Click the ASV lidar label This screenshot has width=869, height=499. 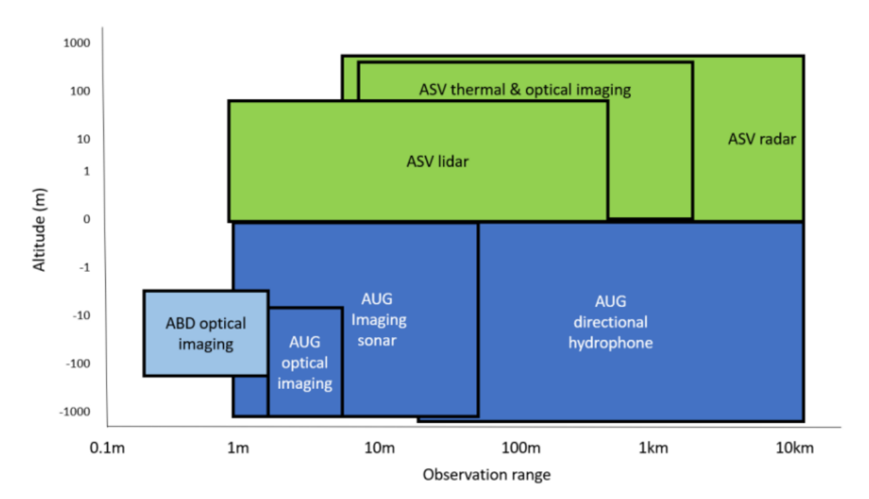pos(437,161)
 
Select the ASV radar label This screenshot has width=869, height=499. pos(762,140)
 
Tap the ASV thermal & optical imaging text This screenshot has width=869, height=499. pos(524,90)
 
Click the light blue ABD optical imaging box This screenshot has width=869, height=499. pos(206,334)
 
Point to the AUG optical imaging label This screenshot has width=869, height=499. pos(305,362)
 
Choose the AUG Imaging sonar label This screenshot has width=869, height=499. pos(379,320)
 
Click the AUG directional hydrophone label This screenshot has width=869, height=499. pos(610,322)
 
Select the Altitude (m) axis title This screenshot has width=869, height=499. pos(39,228)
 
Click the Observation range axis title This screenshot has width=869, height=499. pos(486,475)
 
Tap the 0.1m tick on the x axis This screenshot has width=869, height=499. pos(107,447)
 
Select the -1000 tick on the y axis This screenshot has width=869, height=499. pos(75,412)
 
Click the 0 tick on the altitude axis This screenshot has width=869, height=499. pos(86,219)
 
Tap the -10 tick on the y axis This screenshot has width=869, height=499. pos(80,315)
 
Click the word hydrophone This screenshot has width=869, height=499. pos(610,344)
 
